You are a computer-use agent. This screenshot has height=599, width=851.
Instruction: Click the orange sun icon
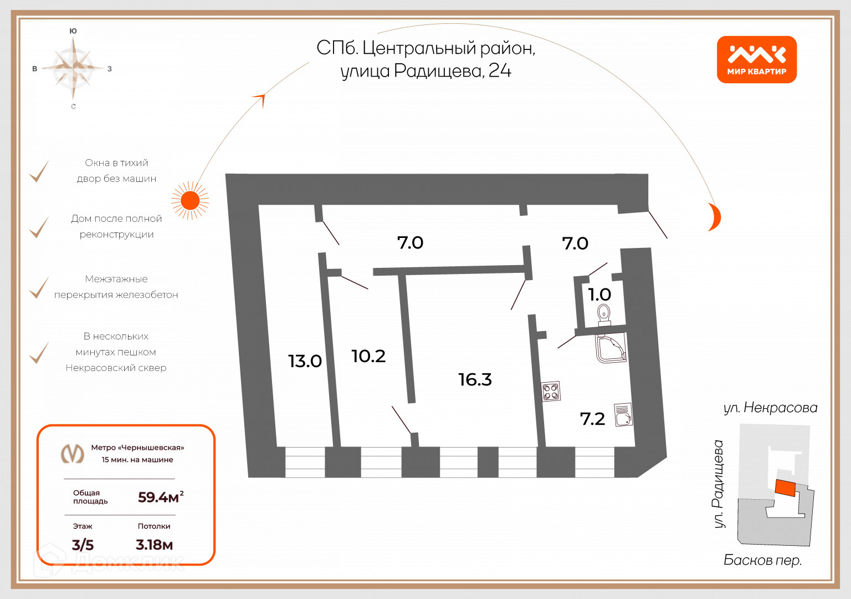pyautogui.click(x=190, y=200)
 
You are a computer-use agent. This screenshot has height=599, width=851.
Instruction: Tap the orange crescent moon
pyautogui.click(x=715, y=217)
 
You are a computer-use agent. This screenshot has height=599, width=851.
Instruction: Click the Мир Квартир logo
pyautogui.click(x=756, y=60)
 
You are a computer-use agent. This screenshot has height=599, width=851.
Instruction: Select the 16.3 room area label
pyautogui.click(x=475, y=379)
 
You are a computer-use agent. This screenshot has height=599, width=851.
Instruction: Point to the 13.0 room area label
pyautogui.click(x=305, y=361)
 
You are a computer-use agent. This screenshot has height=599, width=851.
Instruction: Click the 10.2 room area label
pyautogui.click(x=368, y=356)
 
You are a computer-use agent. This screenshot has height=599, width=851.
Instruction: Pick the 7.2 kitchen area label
pyautogui.click(x=592, y=419)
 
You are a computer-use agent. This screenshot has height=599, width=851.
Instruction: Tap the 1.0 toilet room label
pyautogui.click(x=599, y=295)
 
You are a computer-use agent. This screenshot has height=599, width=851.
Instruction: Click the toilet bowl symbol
pyautogui.click(x=604, y=316)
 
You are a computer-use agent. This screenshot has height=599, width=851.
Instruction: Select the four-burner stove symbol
pyautogui.click(x=551, y=392)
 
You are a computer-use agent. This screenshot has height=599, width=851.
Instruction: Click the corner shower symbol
pyautogui.click(x=611, y=348)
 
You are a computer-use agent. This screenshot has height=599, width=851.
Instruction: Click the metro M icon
pyautogui.click(x=72, y=454)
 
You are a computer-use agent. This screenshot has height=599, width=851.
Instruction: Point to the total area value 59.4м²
pyautogui.click(x=161, y=497)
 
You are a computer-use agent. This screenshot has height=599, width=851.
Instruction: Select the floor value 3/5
pyautogui.click(x=83, y=545)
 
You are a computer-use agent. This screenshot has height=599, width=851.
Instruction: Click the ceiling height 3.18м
pyautogui.click(x=154, y=545)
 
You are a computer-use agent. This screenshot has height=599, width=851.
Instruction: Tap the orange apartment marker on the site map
pyautogui.click(x=785, y=488)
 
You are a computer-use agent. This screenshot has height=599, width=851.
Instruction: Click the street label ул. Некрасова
pyautogui.click(x=770, y=408)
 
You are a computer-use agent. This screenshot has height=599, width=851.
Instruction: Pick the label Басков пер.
pyautogui.click(x=762, y=560)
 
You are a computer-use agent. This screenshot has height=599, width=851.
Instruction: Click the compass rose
pyautogui.click(x=73, y=68)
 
